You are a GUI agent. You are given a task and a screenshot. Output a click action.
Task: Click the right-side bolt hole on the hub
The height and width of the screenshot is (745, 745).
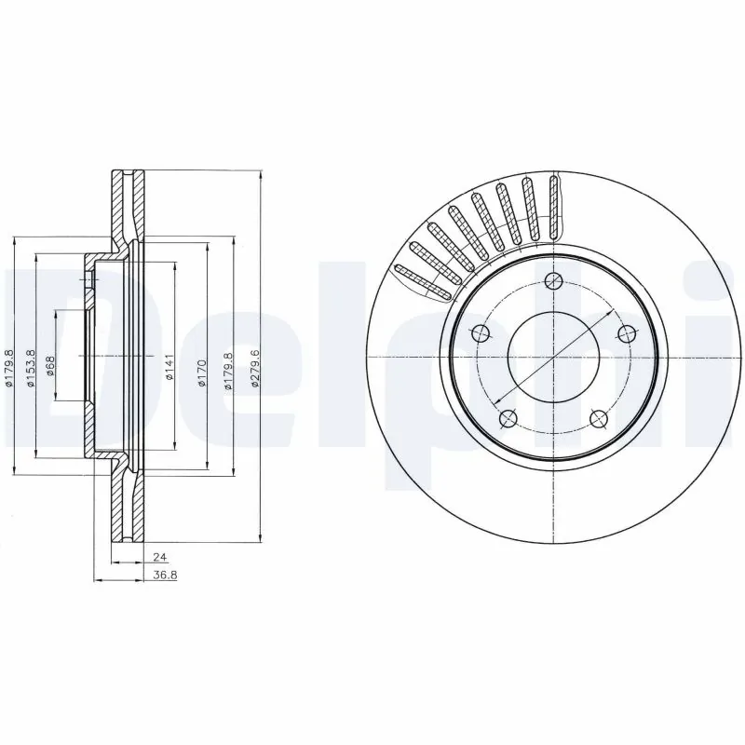[x=626, y=333]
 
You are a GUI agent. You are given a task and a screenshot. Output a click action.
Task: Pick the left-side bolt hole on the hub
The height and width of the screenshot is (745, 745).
[x=481, y=333]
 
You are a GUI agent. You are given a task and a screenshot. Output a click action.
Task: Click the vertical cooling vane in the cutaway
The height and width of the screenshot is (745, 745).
[x=556, y=204]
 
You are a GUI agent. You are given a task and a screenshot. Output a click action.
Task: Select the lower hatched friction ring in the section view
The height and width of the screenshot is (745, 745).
[x=129, y=508]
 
